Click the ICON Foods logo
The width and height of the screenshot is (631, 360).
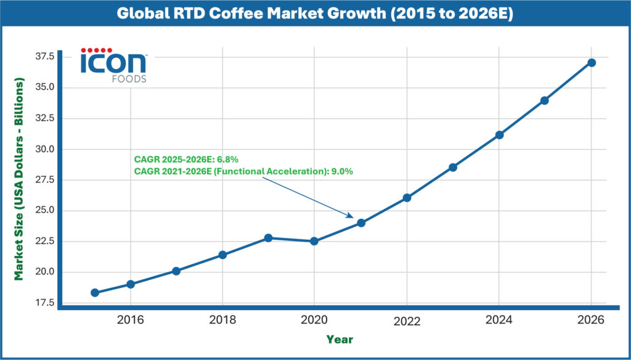tap(115, 65)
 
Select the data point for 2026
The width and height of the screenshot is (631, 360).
tap(591, 63)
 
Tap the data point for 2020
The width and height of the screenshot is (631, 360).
tap(314, 241)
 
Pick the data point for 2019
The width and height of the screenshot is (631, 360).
tap(268, 238)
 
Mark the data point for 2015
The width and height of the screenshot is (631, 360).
tap(95, 293)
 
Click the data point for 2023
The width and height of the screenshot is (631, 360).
tap(453, 167)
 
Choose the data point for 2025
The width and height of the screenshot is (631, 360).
tap(545, 100)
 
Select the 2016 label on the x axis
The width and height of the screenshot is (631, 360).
tap(131, 320)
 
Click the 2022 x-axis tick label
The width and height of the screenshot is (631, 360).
tap(407, 321)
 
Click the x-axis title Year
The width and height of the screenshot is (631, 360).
tap(340, 339)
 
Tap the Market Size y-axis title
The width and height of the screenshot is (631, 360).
tap(19, 179)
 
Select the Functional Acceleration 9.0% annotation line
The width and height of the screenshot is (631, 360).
tap(243, 172)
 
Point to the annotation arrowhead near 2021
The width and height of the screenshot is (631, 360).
tap(351, 216)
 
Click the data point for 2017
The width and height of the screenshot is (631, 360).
tap(176, 271)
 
